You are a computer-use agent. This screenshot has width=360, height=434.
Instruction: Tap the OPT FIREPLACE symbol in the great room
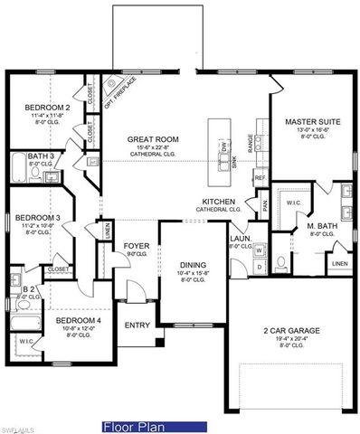114,86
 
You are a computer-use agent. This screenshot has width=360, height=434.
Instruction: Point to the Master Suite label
311,121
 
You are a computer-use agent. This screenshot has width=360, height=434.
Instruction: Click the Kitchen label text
220,202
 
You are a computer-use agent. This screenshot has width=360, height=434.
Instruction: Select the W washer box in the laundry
258,250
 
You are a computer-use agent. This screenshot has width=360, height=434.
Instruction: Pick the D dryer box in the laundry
258,267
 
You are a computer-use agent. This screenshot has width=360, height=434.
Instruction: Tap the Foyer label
136,245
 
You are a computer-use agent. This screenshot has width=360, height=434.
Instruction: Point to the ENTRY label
137,325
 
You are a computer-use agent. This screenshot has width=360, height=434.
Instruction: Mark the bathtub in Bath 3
21,168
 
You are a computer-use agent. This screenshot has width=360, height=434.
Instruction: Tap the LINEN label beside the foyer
107,231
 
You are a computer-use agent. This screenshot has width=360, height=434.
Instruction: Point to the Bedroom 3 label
37,218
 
